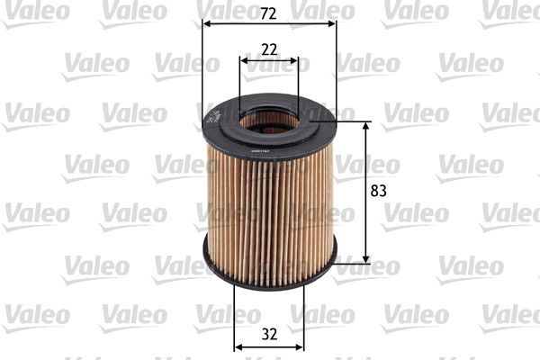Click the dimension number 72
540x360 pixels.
tap(269, 13)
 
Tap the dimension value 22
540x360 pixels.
tap(269, 49)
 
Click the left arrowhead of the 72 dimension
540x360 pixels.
tap(206, 24)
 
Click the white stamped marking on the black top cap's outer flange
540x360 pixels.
tap(213, 115)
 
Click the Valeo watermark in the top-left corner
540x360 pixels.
tap(35, 11)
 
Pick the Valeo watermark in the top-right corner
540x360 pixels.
tap(508, 11)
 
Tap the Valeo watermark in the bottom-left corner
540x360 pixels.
tap(35, 314)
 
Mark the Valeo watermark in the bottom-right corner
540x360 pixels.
tap(508, 314)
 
